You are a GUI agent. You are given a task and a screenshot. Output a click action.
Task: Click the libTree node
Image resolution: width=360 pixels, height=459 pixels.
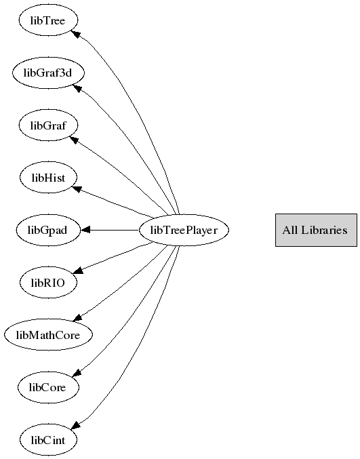[x=48, y=20]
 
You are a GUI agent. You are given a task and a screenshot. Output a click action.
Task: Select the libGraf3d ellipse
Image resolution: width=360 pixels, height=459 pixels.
[x=48, y=73]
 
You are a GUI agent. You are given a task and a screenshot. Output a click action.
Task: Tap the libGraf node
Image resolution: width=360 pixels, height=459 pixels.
[x=48, y=125]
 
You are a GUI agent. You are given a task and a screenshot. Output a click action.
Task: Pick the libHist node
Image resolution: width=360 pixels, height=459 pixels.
[x=48, y=178]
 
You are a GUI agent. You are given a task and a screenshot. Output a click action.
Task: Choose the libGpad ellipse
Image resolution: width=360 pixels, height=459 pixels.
[x=47, y=230]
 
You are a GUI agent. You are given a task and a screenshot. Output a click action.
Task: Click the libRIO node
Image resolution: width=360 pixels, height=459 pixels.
[x=48, y=283]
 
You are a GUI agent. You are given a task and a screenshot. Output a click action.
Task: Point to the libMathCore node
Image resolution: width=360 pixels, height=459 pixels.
[x=48, y=335]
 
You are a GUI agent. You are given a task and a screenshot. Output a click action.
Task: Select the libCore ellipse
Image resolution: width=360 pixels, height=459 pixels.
[x=48, y=387]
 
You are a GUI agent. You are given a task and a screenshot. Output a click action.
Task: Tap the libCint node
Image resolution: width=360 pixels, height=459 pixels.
[x=48, y=440]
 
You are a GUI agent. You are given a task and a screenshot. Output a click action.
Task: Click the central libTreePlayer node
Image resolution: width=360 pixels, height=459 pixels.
[x=184, y=230]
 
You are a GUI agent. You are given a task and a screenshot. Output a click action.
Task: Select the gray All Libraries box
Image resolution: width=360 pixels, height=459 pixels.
[x=316, y=230]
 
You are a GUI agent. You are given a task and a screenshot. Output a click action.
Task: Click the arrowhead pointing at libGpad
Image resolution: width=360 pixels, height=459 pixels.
[x=85, y=230]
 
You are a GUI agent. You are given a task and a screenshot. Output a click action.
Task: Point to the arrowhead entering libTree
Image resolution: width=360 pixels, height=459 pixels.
[x=76, y=33]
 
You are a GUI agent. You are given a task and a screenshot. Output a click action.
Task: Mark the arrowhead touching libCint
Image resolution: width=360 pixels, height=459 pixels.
[x=76, y=426]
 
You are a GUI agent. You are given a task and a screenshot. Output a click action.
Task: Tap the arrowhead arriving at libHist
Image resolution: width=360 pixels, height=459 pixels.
[x=77, y=188]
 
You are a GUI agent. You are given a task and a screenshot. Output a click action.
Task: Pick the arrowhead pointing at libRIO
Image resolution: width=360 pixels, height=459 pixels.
[x=77, y=271]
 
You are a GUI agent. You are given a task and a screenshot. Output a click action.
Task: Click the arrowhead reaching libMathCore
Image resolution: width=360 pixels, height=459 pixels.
[x=77, y=318]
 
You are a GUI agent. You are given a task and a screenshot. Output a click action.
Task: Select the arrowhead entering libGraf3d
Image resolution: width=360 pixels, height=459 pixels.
[x=77, y=88]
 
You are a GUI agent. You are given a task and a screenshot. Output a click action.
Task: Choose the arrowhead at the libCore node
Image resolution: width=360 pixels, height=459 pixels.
[x=76, y=373]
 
